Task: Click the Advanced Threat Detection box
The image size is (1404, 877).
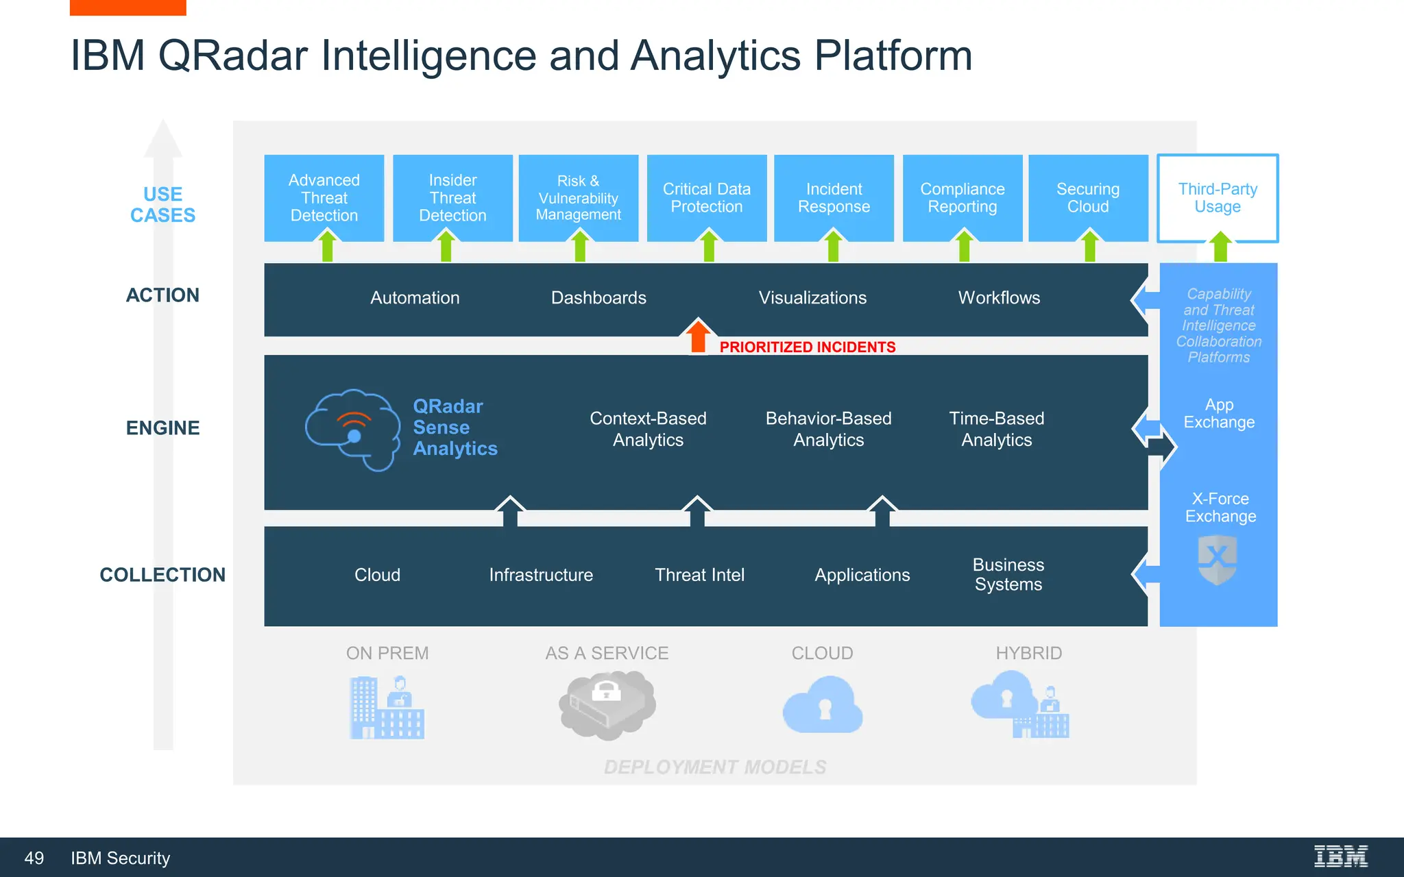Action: [324, 197]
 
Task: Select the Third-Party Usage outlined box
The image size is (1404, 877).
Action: [1218, 197]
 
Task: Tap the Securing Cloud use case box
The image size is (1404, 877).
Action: [1088, 197]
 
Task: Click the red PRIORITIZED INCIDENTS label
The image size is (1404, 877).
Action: [807, 347]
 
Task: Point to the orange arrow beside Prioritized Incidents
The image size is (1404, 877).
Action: [698, 336]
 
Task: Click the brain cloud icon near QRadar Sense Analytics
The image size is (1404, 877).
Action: [352, 429]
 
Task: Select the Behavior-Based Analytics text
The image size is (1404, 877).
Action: [828, 429]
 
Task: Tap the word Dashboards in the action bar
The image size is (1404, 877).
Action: [598, 298]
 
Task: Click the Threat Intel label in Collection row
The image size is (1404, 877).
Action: [699, 575]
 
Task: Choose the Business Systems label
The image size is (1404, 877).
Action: [1008, 574]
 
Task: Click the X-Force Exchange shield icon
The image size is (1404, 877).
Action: [1217, 559]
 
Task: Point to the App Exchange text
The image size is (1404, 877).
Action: [1219, 414]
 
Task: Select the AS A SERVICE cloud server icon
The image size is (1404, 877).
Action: [607, 704]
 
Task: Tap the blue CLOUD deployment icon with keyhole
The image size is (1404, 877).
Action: [823, 706]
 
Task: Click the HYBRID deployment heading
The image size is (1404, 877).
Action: [1028, 653]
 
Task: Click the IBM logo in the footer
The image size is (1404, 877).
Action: [1340, 856]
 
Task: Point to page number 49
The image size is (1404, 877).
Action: [34, 858]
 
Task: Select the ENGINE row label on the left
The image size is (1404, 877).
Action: [162, 428]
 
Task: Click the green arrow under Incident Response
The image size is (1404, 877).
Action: [834, 247]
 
